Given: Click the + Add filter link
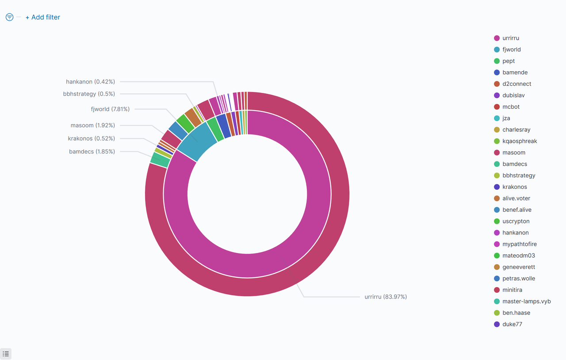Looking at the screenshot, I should click(43, 17).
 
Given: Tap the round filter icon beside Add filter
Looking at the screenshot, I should click(9, 17).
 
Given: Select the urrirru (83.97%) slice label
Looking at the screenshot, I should click(386, 297).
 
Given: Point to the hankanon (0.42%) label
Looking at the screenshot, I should click(90, 82).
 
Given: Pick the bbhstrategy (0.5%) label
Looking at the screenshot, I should click(89, 94).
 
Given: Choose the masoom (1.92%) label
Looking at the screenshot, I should click(92, 126).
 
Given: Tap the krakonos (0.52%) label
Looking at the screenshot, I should click(91, 138).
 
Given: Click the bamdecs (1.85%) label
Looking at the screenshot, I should click(92, 152).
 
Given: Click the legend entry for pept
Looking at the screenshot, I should click(509, 61).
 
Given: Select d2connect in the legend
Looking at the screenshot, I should click(516, 84).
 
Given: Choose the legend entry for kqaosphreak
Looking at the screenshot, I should click(520, 141).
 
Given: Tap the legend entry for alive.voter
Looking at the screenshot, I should click(516, 199).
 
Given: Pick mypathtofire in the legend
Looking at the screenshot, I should click(519, 244).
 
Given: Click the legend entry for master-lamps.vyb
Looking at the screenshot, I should click(526, 302).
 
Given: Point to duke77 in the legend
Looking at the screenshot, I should click(512, 324).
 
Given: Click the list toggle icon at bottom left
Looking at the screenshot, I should click(6, 354).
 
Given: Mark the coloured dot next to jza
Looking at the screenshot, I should click(497, 118).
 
